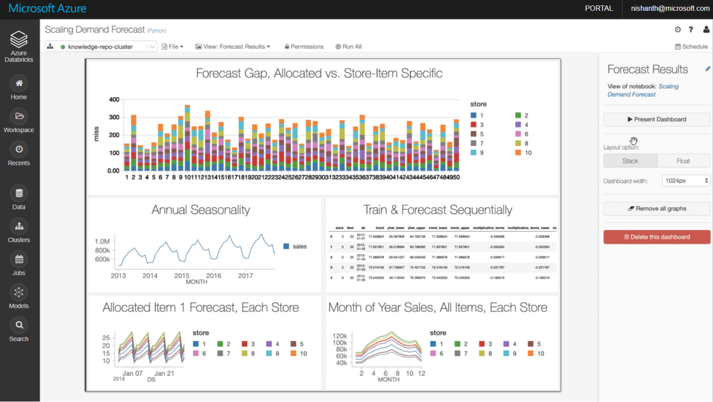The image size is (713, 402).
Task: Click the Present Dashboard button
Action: (657, 119)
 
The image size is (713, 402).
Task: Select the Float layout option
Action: (683, 161)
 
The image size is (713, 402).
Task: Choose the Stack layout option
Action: (630, 161)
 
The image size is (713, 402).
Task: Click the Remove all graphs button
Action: (657, 208)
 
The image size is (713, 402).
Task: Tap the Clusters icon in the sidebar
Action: (19, 226)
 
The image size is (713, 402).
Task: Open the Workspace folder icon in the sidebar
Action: (19, 116)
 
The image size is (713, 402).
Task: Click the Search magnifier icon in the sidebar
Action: (19, 325)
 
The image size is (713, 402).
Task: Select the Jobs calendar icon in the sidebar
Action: (19, 259)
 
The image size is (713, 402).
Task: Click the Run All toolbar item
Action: (349, 47)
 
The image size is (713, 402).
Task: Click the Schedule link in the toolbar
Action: (691, 47)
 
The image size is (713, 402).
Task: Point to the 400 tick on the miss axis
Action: (114, 100)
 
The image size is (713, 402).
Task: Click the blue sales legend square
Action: (286, 246)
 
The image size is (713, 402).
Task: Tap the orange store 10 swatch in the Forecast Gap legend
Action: (518, 152)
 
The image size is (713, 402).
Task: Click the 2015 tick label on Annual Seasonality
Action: (182, 276)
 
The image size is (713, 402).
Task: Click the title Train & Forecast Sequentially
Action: (437, 210)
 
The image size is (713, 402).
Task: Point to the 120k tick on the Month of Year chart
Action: (339, 335)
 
